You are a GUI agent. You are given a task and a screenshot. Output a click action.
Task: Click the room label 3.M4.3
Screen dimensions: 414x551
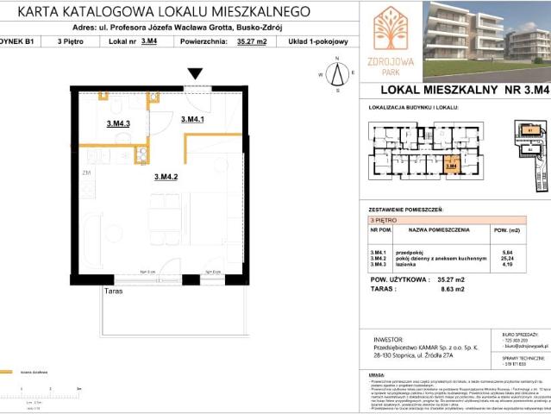(118, 124)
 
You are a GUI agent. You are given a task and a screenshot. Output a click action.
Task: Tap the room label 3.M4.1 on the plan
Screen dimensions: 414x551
(192, 120)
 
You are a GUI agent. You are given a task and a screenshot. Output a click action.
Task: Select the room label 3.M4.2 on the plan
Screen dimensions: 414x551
(166, 178)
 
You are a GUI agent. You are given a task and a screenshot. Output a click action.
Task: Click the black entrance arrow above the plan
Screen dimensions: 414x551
(197, 75)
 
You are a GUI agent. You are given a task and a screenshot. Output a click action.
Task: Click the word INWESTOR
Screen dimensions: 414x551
(385, 339)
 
